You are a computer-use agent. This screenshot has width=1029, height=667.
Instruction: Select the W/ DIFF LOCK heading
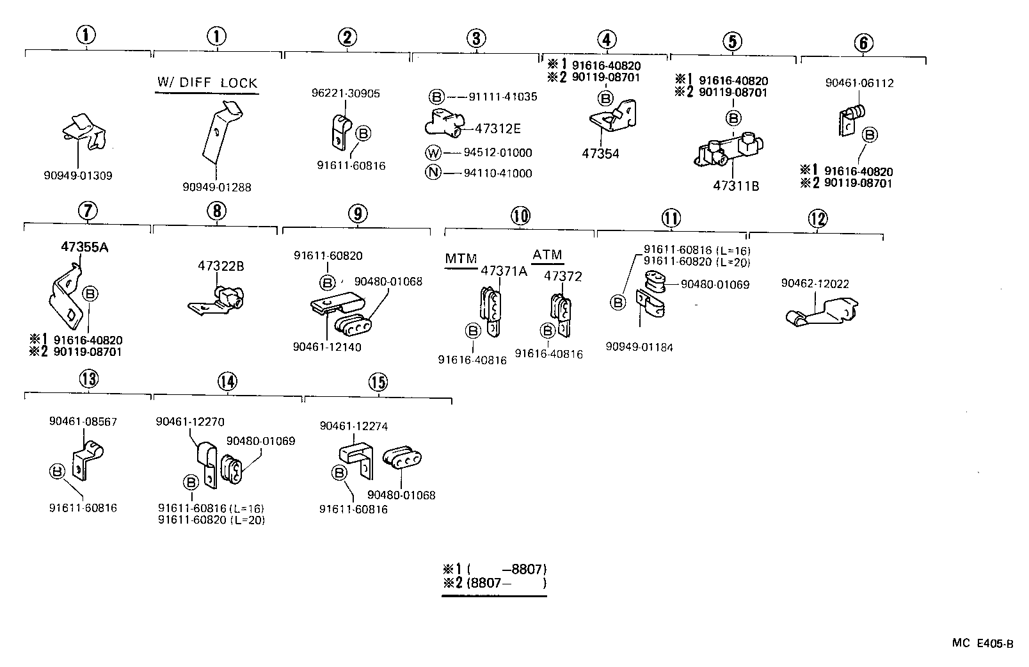click(207, 83)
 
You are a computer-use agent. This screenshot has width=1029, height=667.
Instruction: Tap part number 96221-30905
click(346, 93)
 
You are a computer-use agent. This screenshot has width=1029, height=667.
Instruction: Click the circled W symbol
click(433, 153)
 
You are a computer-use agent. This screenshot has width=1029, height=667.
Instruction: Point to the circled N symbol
click(433, 173)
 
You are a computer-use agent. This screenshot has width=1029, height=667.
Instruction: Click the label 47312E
click(497, 129)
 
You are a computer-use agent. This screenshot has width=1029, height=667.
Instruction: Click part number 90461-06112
click(859, 83)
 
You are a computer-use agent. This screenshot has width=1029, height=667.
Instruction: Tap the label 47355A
click(84, 247)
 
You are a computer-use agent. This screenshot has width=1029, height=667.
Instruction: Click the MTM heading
click(461, 259)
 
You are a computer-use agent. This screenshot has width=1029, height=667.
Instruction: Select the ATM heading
click(547, 255)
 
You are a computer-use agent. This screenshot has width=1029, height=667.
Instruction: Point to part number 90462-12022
click(815, 284)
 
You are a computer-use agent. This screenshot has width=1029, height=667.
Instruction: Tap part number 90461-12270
click(189, 422)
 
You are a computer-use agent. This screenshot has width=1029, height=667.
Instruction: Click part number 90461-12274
click(353, 426)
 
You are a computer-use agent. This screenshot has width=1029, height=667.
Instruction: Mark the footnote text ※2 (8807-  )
click(494, 583)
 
